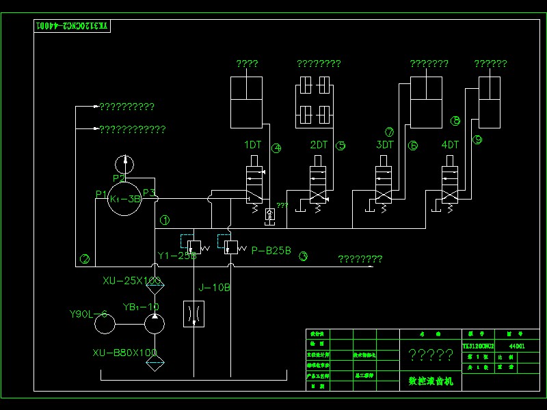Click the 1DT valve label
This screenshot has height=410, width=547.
pyautogui.click(x=253, y=145)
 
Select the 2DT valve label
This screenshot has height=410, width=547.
pyautogui.click(x=319, y=145)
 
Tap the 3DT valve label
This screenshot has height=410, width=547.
pyautogui.click(x=385, y=145)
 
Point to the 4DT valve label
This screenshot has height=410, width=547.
pyautogui.click(x=451, y=145)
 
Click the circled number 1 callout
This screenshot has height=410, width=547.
pyautogui.click(x=165, y=220)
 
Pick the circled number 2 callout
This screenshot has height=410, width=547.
pyautogui.click(x=85, y=258)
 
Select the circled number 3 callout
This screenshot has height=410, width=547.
pyautogui.click(x=304, y=257)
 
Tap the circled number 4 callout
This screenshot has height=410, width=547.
pyautogui.click(x=276, y=148)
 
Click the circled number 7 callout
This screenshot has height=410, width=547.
pyautogui.click(x=390, y=132)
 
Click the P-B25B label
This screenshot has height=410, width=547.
pyautogui.click(x=271, y=251)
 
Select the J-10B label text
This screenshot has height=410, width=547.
pyautogui.click(x=214, y=288)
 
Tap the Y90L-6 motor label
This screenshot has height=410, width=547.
pyautogui.click(x=89, y=314)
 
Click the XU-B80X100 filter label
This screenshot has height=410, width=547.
pyautogui.click(x=125, y=353)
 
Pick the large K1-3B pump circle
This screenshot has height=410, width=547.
pyautogui.click(x=125, y=199)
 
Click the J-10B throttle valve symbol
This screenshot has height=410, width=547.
pyautogui.click(x=194, y=314)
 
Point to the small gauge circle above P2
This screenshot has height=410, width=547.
pyautogui.click(x=125, y=163)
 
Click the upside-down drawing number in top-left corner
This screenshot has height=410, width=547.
pyautogui.click(x=72, y=26)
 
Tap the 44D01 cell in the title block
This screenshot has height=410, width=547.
pyautogui.click(x=517, y=346)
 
